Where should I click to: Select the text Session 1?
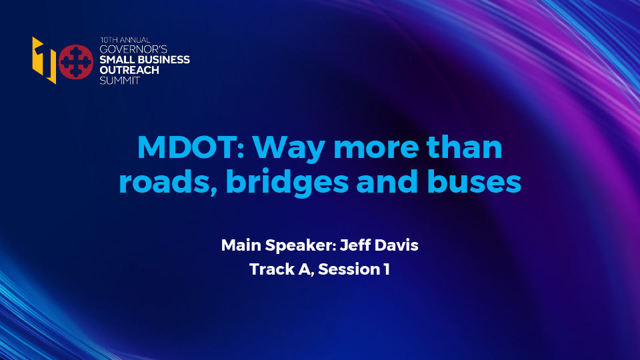click(x=353, y=270)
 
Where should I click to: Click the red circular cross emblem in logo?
click(x=75, y=61)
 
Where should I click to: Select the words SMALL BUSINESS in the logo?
click(x=144, y=60)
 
